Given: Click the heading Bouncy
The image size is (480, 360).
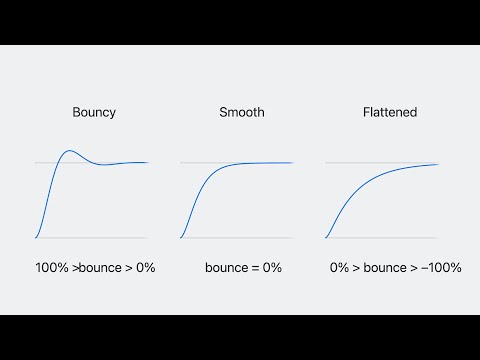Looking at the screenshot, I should (x=94, y=112).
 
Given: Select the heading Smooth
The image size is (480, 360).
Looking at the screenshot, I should (x=242, y=112).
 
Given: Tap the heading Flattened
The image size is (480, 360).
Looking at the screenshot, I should (x=389, y=112).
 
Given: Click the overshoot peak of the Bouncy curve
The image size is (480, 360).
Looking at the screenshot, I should (x=68, y=151).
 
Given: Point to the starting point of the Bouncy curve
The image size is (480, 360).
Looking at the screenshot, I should (x=36, y=238).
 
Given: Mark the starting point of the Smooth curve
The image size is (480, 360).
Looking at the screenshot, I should (x=181, y=238).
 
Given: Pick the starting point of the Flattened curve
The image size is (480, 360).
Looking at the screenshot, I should (x=326, y=238).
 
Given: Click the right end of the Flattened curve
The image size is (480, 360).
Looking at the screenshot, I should (x=439, y=164).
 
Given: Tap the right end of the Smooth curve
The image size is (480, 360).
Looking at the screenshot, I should (x=293, y=162).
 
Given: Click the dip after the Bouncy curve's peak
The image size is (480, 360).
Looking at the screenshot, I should (x=101, y=166).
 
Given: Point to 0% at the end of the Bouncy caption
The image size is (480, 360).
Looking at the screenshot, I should (x=145, y=268).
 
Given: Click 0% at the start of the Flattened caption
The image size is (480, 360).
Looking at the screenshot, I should (x=340, y=268).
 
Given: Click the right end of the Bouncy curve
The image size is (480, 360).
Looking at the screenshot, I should (x=148, y=162).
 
